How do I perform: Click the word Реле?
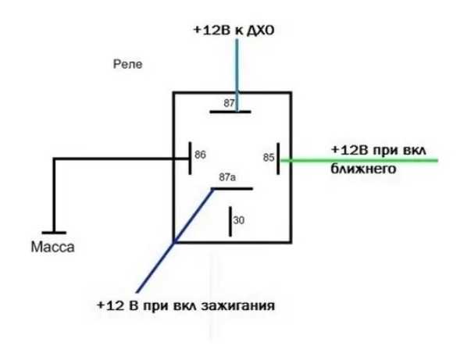[127, 64]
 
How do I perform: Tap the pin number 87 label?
[229, 103]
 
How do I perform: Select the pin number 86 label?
[201, 155]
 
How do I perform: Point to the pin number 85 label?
[269, 158]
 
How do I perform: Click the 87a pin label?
[227, 177]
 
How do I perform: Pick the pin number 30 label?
[239, 220]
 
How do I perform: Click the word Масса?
[53, 247]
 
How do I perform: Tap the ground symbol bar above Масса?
[54, 233]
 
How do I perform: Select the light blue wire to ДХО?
[237, 75]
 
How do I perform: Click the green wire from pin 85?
[359, 161]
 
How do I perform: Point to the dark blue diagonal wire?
[174, 241]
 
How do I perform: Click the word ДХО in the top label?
[260, 30]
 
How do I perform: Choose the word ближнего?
[363, 169]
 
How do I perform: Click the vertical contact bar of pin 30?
[230, 222]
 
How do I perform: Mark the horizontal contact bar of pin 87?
[230, 112]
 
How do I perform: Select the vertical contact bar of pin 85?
[278, 159]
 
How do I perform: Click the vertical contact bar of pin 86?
[190, 159]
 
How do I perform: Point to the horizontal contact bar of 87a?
[232, 188]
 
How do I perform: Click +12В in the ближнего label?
[349, 150]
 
